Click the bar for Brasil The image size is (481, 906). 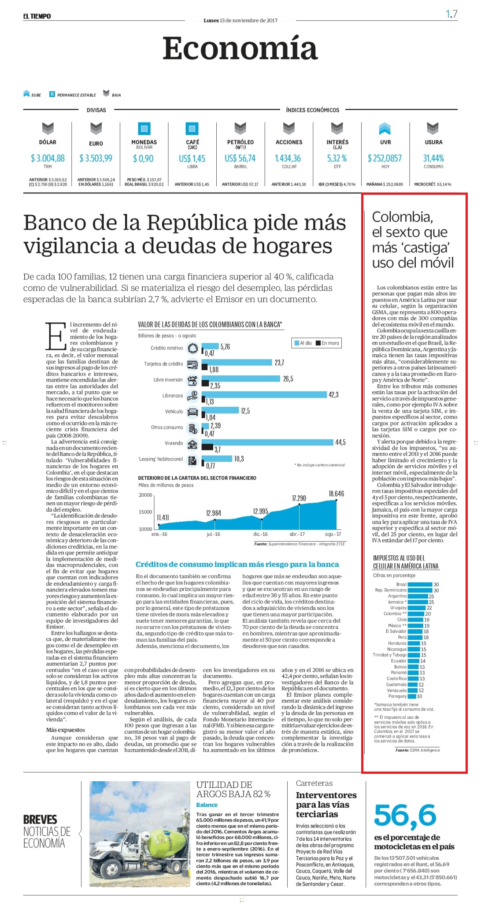click(420, 584)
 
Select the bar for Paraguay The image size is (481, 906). click(412, 696)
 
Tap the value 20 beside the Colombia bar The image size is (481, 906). click(428, 614)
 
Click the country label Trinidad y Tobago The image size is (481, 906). click(389, 655)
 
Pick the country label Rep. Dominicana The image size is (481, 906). click(391, 590)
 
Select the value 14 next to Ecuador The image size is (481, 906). click(423, 661)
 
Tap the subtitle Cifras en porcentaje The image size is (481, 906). click(394, 575)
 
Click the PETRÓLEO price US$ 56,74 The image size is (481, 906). click(240, 158)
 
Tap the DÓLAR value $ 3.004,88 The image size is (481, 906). click(48, 158)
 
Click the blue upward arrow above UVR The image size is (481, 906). click(385, 129)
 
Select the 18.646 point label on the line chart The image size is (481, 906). click(336, 494)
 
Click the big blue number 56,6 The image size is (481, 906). click(405, 816)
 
